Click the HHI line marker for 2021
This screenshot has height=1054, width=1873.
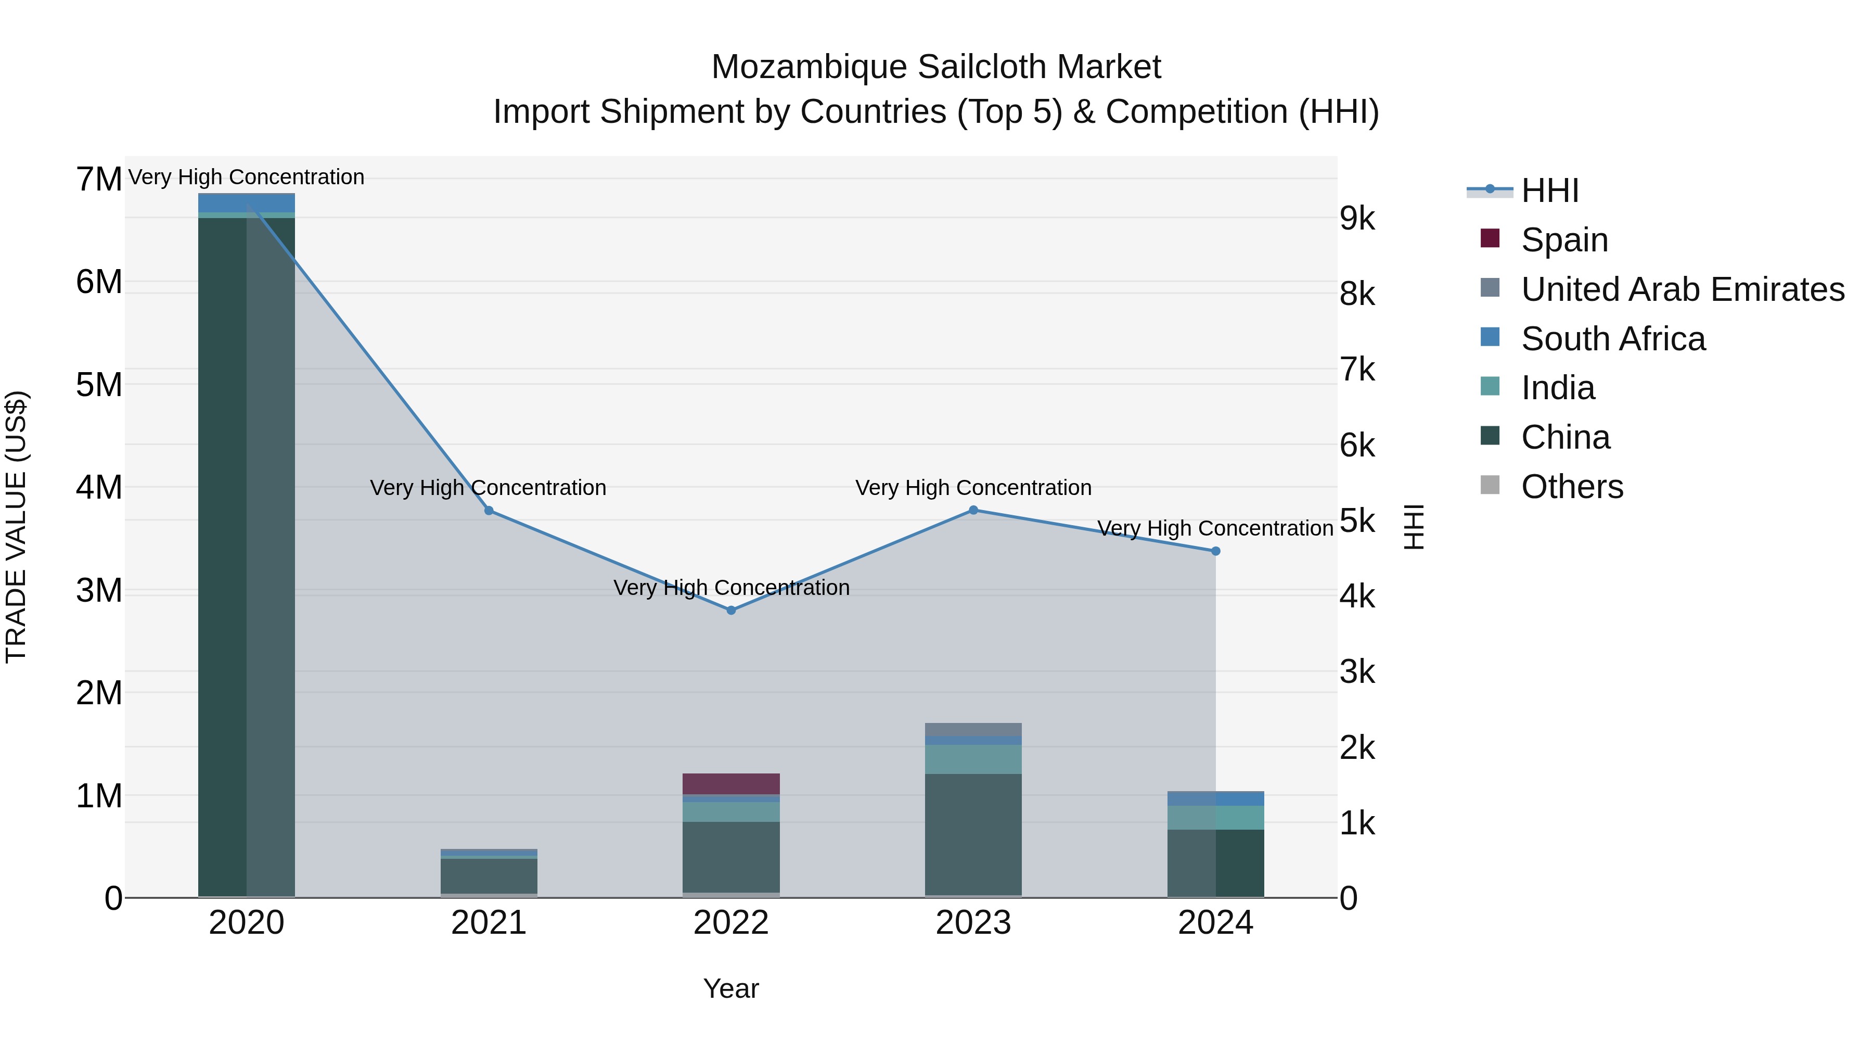click(489, 511)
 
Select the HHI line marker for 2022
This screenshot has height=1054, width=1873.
click(732, 611)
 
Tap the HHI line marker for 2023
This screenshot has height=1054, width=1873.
click(973, 510)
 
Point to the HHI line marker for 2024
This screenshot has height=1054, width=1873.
click(1216, 551)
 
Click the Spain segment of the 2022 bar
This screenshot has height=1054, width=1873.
click(732, 783)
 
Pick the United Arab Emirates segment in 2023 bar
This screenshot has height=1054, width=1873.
click(973, 729)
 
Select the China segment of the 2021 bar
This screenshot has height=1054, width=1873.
click(489, 876)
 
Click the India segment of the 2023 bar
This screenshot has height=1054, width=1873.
click(973, 759)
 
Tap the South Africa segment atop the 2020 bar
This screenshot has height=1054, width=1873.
click(247, 202)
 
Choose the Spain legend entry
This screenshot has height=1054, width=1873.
click(1564, 240)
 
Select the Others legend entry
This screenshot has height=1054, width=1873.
click(1571, 487)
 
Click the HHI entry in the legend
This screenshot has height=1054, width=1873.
click(1549, 191)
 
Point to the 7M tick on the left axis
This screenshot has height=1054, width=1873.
click(99, 179)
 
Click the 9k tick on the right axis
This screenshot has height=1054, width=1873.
click(1357, 218)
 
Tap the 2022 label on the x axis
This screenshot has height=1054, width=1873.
click(732, 922)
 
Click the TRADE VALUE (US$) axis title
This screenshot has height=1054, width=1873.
click(16, 527)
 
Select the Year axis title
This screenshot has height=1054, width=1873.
click(732, 988)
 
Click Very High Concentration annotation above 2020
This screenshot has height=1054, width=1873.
click(247, 177)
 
